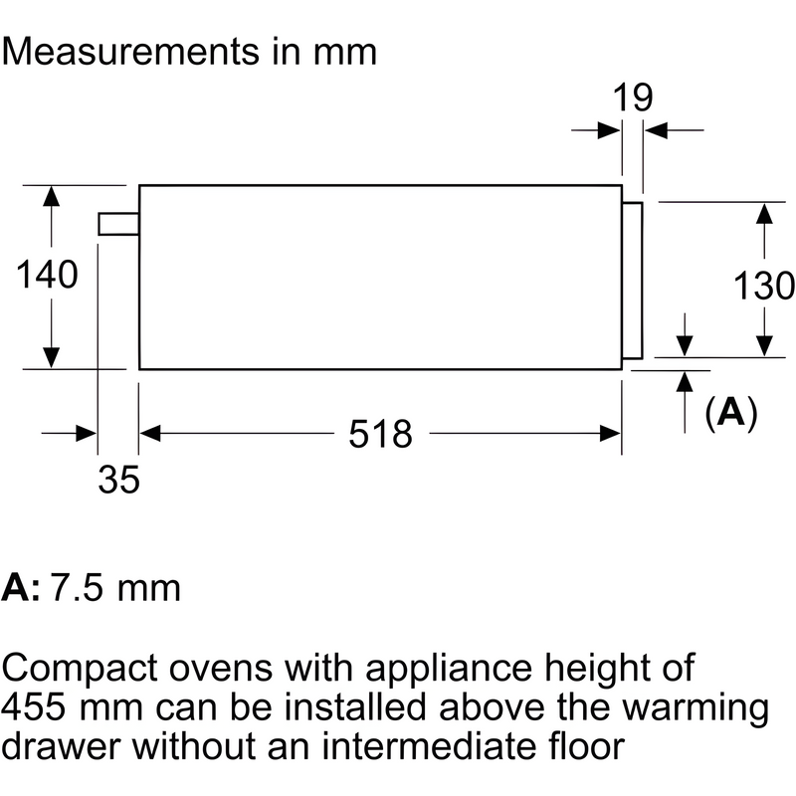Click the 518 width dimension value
pos(380,433)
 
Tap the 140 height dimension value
pos(47,275)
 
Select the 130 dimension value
pos(764,287)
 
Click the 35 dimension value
pos(118,481)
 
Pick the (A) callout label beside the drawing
pos(730,411)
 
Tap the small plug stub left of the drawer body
pos(117,224)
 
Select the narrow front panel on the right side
pos(632,280)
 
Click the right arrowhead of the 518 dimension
pos(610,433)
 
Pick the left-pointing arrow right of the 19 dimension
pos(655,130)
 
